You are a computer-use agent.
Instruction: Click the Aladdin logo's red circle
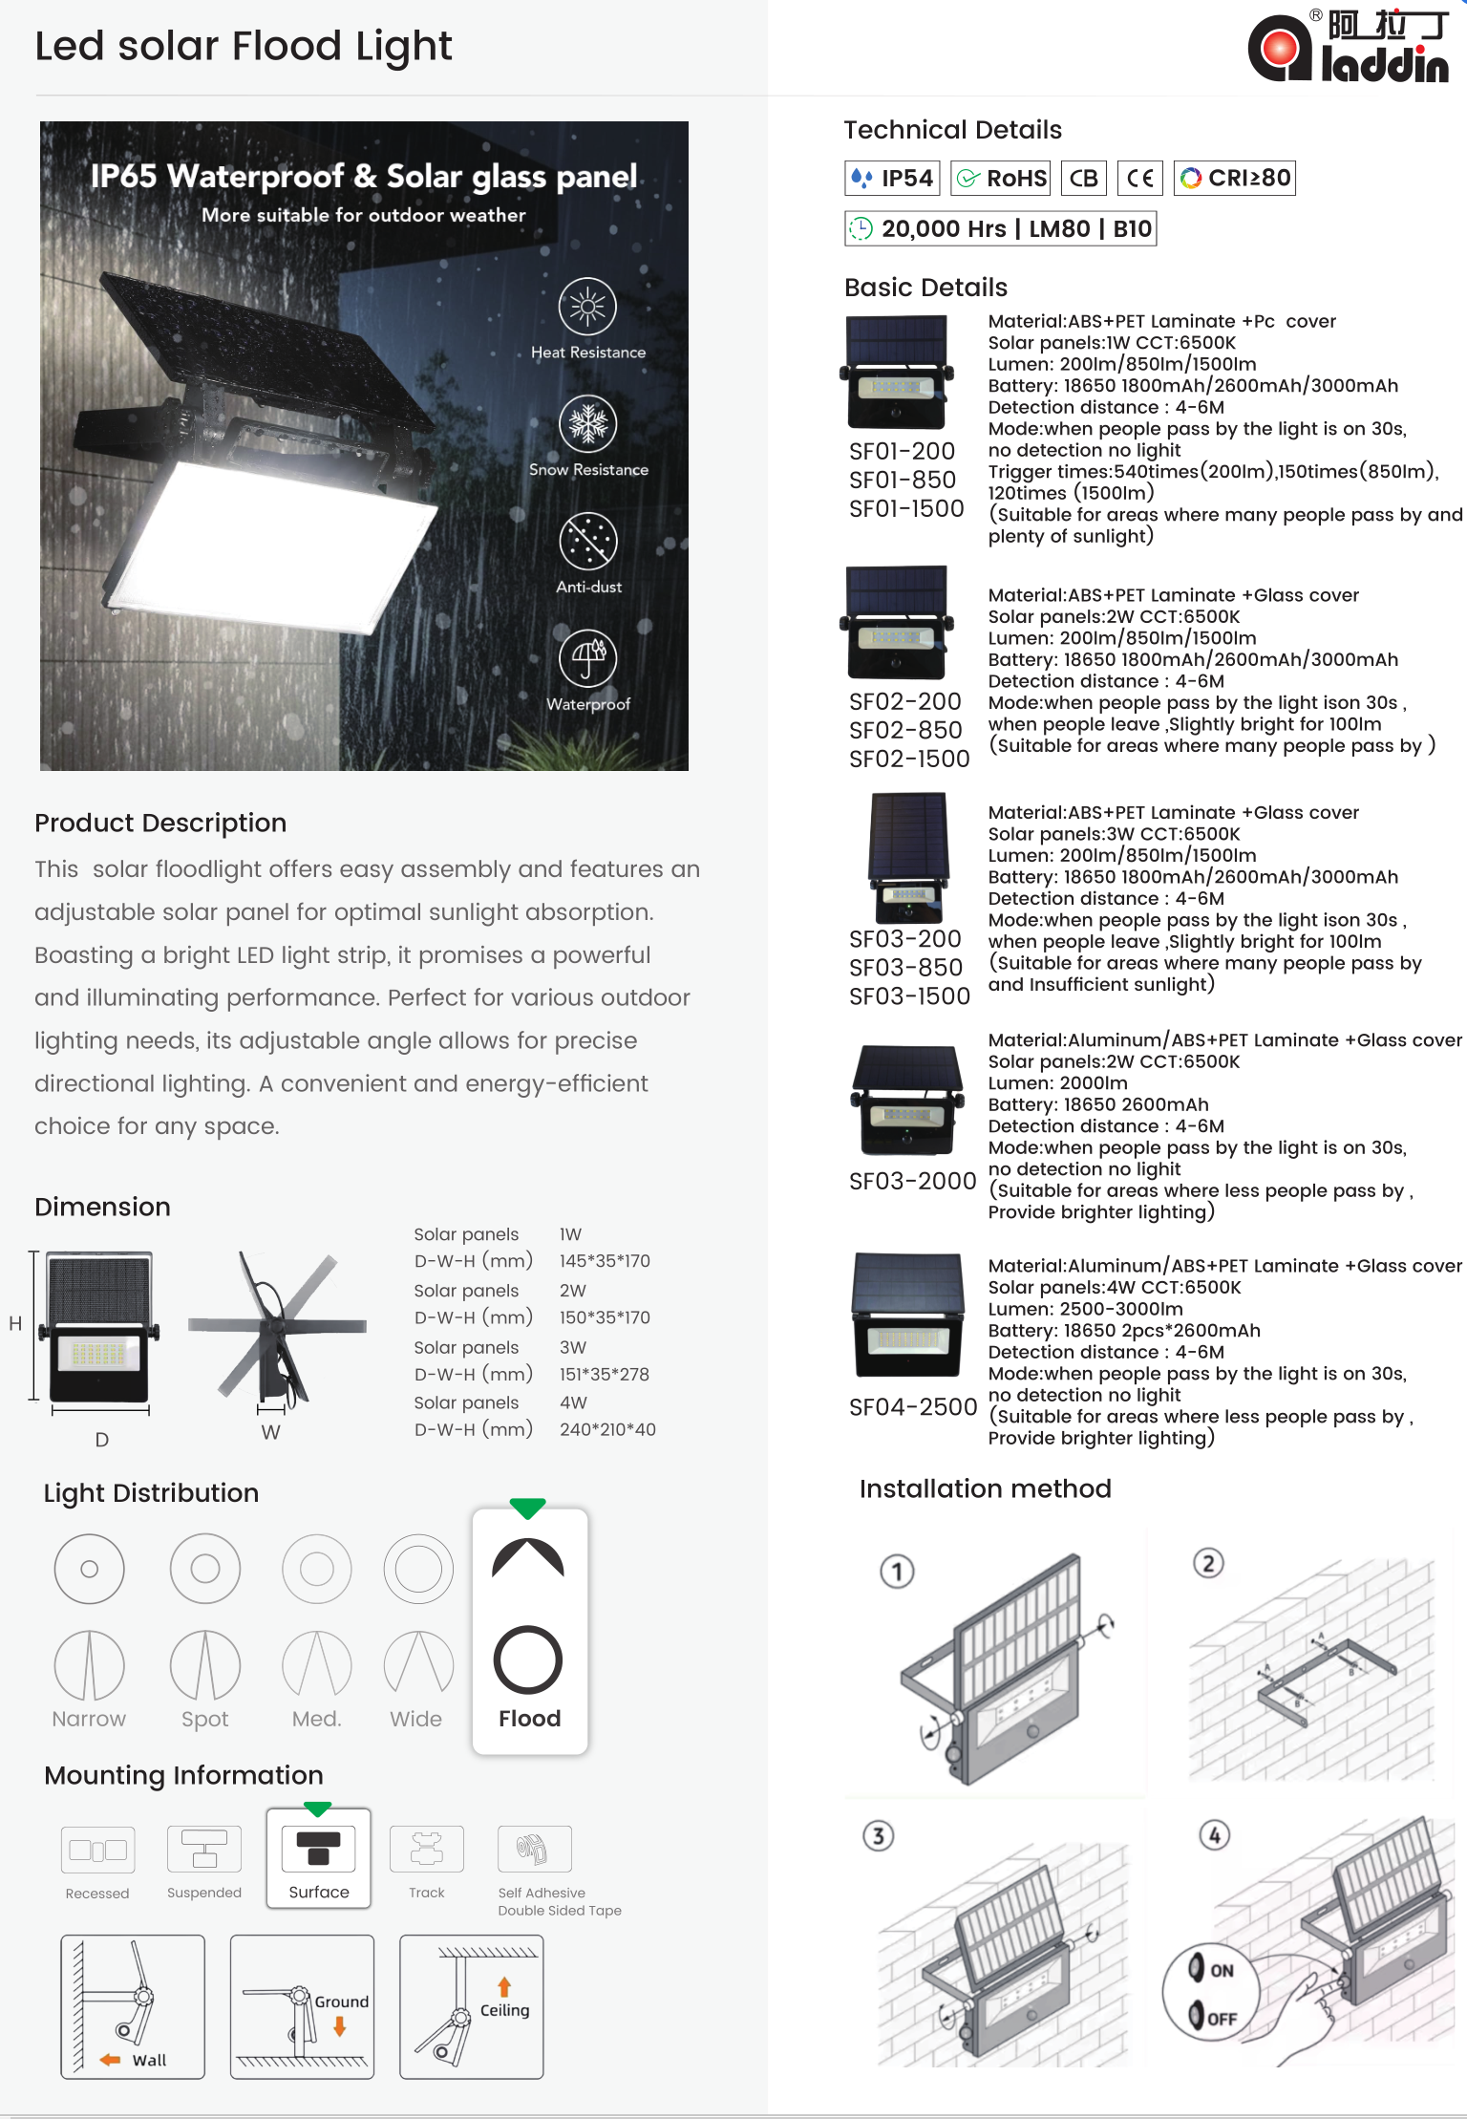coord(1280,48)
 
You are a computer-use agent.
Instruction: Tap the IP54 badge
coord(892,179)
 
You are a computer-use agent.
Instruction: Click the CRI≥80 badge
coord(1235,179)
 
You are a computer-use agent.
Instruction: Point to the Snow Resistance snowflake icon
coord(588,423)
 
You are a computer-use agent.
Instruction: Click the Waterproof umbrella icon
coord(588,658)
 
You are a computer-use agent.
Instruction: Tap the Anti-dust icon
coord(588,541)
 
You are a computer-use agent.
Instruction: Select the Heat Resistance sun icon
coord(587,307)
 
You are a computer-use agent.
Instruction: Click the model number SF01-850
coord(903,480)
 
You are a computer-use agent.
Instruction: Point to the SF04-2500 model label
coord(913,1407)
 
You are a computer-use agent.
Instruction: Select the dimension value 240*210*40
coord(607,1429)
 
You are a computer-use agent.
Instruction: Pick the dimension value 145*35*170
coord(605,1261)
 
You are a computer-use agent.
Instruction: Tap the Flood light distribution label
coord(530,1719)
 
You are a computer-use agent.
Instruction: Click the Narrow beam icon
coord(90,1664)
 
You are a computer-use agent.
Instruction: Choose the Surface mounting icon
coord(319,1849)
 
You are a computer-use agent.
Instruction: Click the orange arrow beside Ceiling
coord(504,1987)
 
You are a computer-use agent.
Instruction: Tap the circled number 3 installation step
coord(879,1835)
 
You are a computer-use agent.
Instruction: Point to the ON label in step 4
coord(1222,1970)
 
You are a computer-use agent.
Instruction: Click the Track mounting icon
coord(427,1849)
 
